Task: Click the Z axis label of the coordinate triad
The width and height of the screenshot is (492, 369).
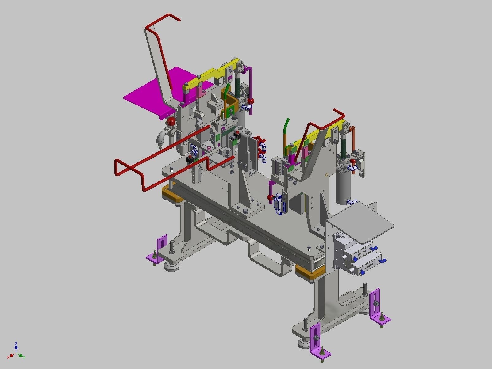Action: pyautogui.click(x=16, y=344)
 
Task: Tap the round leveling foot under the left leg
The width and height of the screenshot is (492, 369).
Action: pyautogui.click(x=171, y=266)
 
